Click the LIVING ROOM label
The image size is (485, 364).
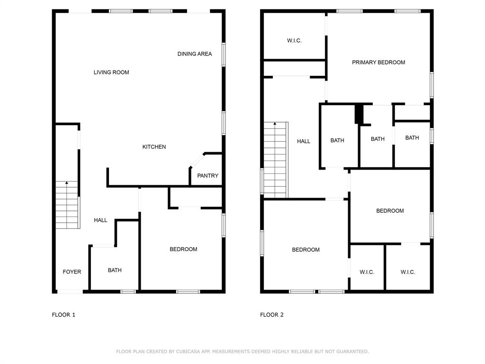[x=111, y=73]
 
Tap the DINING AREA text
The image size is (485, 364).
[x=195, y=54]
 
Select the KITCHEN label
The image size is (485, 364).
[x=154, y=147]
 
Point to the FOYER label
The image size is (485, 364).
[x=72, y=272]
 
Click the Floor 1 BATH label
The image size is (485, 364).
[x=115, y=270]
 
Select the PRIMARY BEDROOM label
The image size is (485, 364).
[x=378, y=63]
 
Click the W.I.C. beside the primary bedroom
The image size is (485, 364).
[x=294, y=41]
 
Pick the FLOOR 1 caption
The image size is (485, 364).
[x=63, y=315]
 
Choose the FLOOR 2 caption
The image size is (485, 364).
[x=271, y=315]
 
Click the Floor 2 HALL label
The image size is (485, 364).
[x=304, y=141]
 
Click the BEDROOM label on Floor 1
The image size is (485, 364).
[x=183, y=249]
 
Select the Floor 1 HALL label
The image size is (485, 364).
[x=100, y=220]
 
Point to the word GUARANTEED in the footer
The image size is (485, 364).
[x=352, y=352]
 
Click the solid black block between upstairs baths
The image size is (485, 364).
[x=359, y=114]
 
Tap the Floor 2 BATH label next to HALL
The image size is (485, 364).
[x=337, y=140]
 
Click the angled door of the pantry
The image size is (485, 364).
[x=197, y=161]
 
